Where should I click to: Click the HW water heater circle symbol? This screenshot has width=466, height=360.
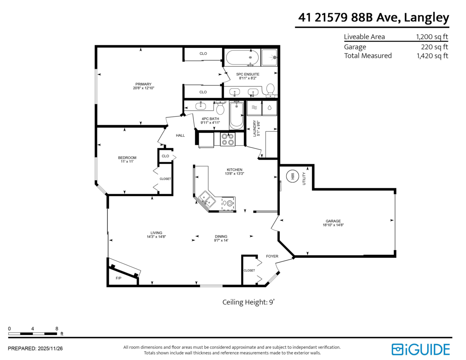292,176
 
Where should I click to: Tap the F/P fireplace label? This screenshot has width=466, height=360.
118,278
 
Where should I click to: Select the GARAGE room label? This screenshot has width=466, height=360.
333,221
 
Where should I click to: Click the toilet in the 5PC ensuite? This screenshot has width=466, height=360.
270,90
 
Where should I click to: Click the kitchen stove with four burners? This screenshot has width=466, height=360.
227,139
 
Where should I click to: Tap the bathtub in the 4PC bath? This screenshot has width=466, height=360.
236,115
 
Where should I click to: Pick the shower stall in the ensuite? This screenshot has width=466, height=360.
270,57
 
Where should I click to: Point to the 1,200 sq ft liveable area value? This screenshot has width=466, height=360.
432,37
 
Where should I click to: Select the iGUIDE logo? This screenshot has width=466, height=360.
421,349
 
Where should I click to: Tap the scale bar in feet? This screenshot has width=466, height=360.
33,333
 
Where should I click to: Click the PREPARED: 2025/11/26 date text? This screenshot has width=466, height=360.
35,348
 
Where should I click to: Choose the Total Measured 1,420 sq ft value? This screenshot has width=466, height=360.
432,56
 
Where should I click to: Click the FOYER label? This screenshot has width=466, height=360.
272,256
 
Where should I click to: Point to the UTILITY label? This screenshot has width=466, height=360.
304,178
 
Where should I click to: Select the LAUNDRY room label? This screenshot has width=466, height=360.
255,129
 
